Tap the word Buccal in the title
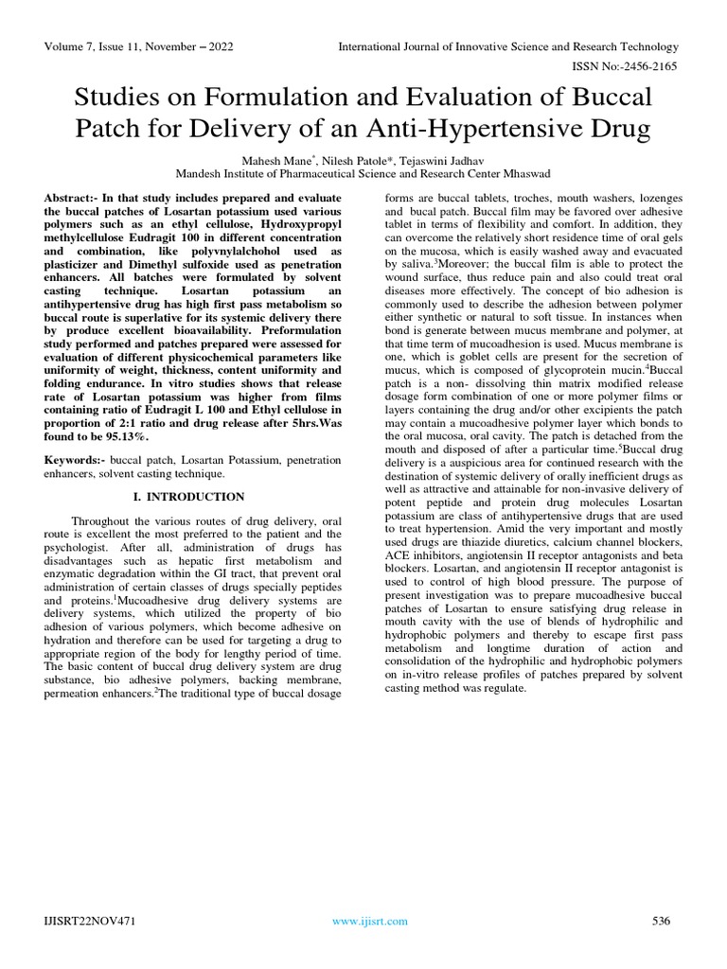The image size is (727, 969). point(611,97)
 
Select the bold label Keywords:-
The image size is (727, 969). point(75,459)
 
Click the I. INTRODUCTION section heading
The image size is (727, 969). point(188,497)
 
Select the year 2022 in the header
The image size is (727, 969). point(217,47)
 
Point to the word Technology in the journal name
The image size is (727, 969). point(647,47)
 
